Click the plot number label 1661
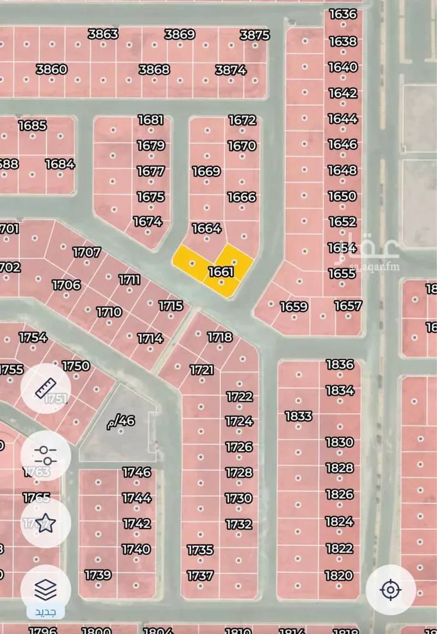point(220,272)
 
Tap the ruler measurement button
point(45,388)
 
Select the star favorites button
point(45,523)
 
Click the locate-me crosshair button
point(390,590)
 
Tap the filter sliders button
point(45,455)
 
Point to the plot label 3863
point(103,34)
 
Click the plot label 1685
point(32,125)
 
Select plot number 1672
point(242,120)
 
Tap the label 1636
point(343,14)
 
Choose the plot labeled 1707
point(86,252)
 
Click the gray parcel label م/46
point(121,420)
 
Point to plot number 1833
point(298,416)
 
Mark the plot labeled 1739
point(98,575)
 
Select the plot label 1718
point(220,337)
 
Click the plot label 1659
point(294,306)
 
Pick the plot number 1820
point(339,575)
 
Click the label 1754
point(33,337)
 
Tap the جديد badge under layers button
point(45,612)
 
